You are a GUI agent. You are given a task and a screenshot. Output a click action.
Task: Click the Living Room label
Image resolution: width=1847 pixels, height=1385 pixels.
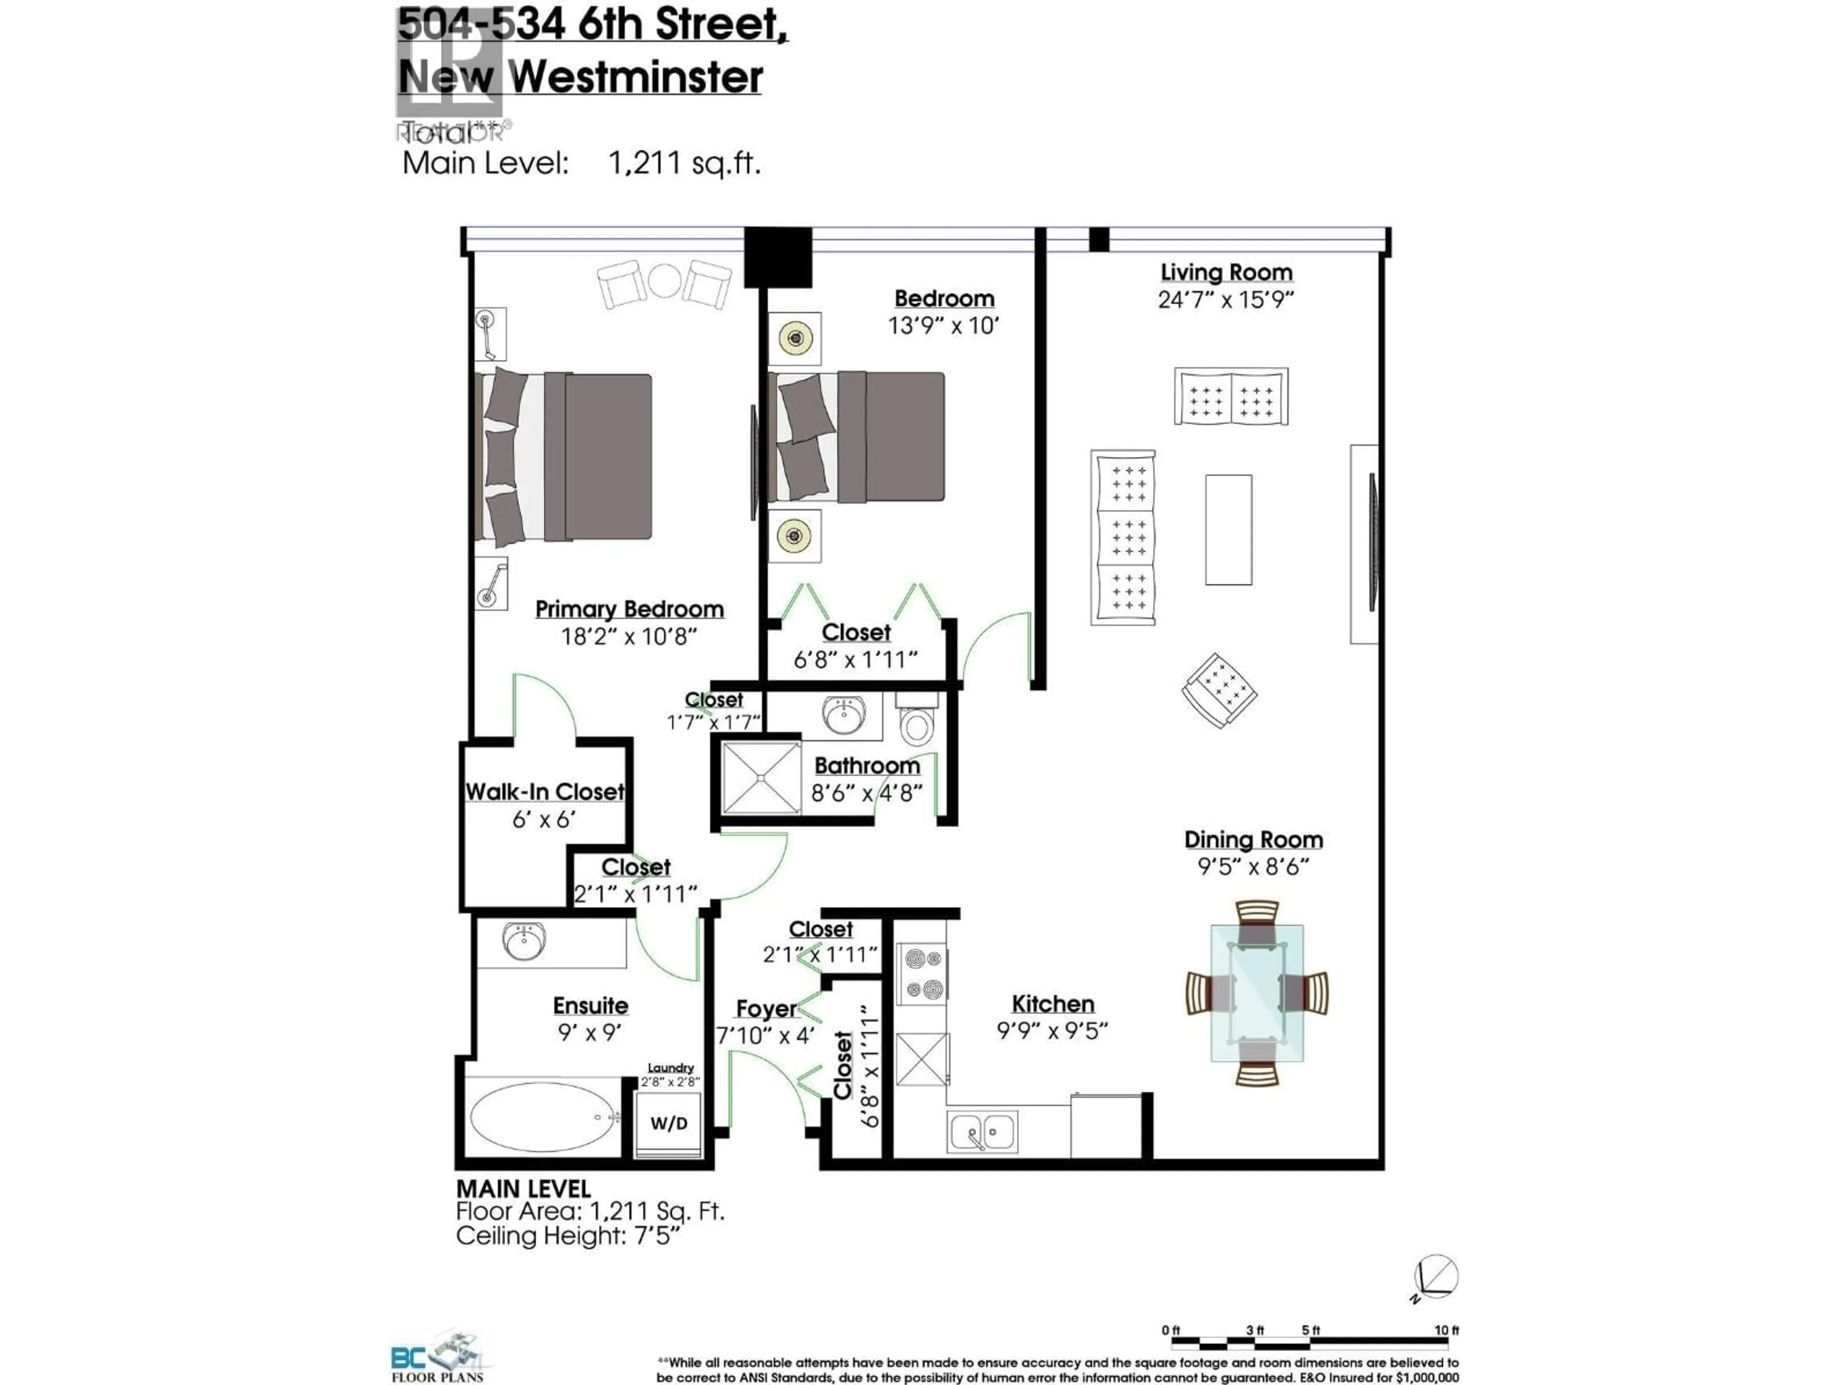pos(1226,273)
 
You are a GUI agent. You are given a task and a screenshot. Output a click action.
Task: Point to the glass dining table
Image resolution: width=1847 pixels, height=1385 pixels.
pos(1257,994)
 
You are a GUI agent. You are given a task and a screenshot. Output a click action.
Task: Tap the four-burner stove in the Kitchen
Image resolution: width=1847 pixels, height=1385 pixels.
pos(922,973)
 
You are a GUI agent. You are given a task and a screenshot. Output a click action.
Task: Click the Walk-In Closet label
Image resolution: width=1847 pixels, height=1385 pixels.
pos(544,792)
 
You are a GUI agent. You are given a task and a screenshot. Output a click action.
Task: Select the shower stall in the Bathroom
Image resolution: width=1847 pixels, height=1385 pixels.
pos(760,777)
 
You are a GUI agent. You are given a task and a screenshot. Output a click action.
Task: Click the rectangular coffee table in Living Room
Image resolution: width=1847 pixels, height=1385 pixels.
pos(1228,529)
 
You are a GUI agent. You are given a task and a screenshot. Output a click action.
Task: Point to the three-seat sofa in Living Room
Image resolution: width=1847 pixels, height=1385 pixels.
pos(1123,537)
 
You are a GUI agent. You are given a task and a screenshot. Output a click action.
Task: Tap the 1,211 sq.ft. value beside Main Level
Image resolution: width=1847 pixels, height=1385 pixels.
pos(684,163)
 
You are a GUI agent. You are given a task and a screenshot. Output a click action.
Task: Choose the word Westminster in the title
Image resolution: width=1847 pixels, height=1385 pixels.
pos(636,77)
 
